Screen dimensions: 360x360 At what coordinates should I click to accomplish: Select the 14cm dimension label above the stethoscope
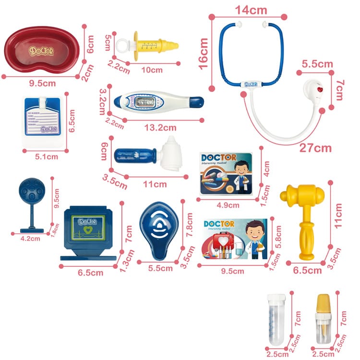tap(251, 10)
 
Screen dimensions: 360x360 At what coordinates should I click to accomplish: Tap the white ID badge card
tap(43, 121)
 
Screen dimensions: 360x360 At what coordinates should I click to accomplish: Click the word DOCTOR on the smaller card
tap(218, 158)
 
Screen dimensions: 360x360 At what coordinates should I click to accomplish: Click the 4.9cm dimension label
tap(228, 205)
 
